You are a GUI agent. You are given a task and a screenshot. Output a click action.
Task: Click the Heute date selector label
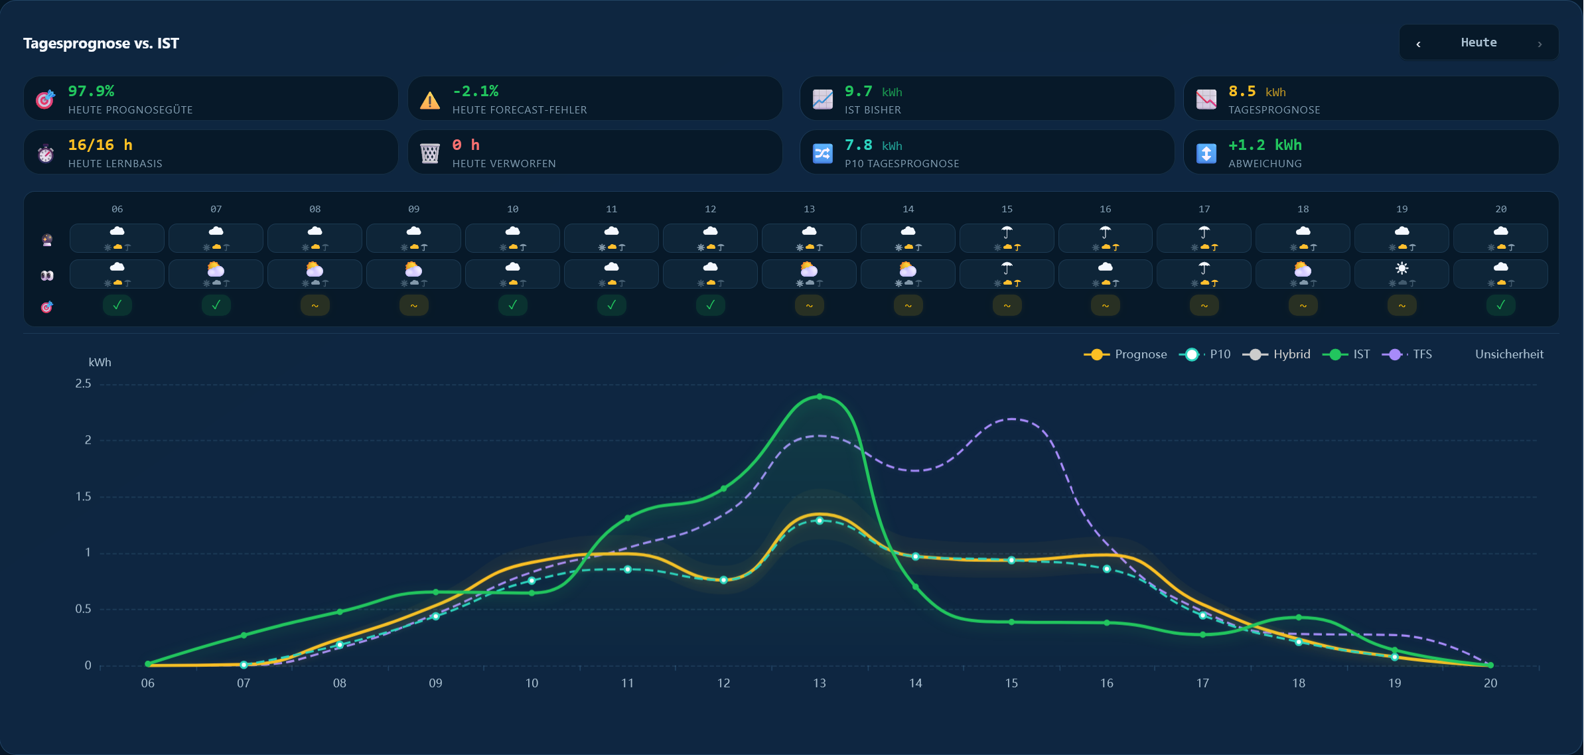pos(1478,42)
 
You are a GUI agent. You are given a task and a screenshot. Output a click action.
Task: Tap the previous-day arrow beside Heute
pos(1418,44)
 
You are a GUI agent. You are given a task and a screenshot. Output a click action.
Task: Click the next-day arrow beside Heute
pos(1540,44)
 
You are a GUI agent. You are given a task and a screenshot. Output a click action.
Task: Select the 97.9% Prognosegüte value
pos(91,91)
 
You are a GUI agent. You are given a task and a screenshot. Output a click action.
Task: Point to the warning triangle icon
pos(430,100)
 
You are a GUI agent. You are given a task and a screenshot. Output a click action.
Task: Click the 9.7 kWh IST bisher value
pos(873,92)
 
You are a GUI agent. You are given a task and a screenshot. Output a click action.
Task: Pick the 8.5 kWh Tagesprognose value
pos(1257,92)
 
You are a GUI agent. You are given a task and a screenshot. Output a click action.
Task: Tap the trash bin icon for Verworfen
pos(430,153)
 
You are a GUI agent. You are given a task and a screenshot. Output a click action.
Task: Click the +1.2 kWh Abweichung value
pos(1265,145)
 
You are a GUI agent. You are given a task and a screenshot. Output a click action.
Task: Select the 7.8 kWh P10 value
pos(873,145)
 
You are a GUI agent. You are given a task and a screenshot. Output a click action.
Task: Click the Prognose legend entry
pos(1125,354)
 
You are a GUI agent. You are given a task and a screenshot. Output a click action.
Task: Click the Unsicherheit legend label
pos(1509,354)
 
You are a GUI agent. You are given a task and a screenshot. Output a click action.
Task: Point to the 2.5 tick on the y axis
pos(83,383)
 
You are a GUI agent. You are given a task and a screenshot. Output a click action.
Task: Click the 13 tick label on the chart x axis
pos(820,683)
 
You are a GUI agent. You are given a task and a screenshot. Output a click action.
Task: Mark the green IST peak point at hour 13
pos(820,397)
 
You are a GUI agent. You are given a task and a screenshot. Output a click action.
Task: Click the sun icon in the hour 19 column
pos(1402,268)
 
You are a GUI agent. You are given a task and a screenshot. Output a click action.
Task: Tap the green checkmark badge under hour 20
pos(1500,305)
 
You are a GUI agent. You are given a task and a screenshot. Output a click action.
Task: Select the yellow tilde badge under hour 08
pos(315,305)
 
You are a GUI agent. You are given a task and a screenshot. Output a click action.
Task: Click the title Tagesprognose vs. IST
pos(101,43)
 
